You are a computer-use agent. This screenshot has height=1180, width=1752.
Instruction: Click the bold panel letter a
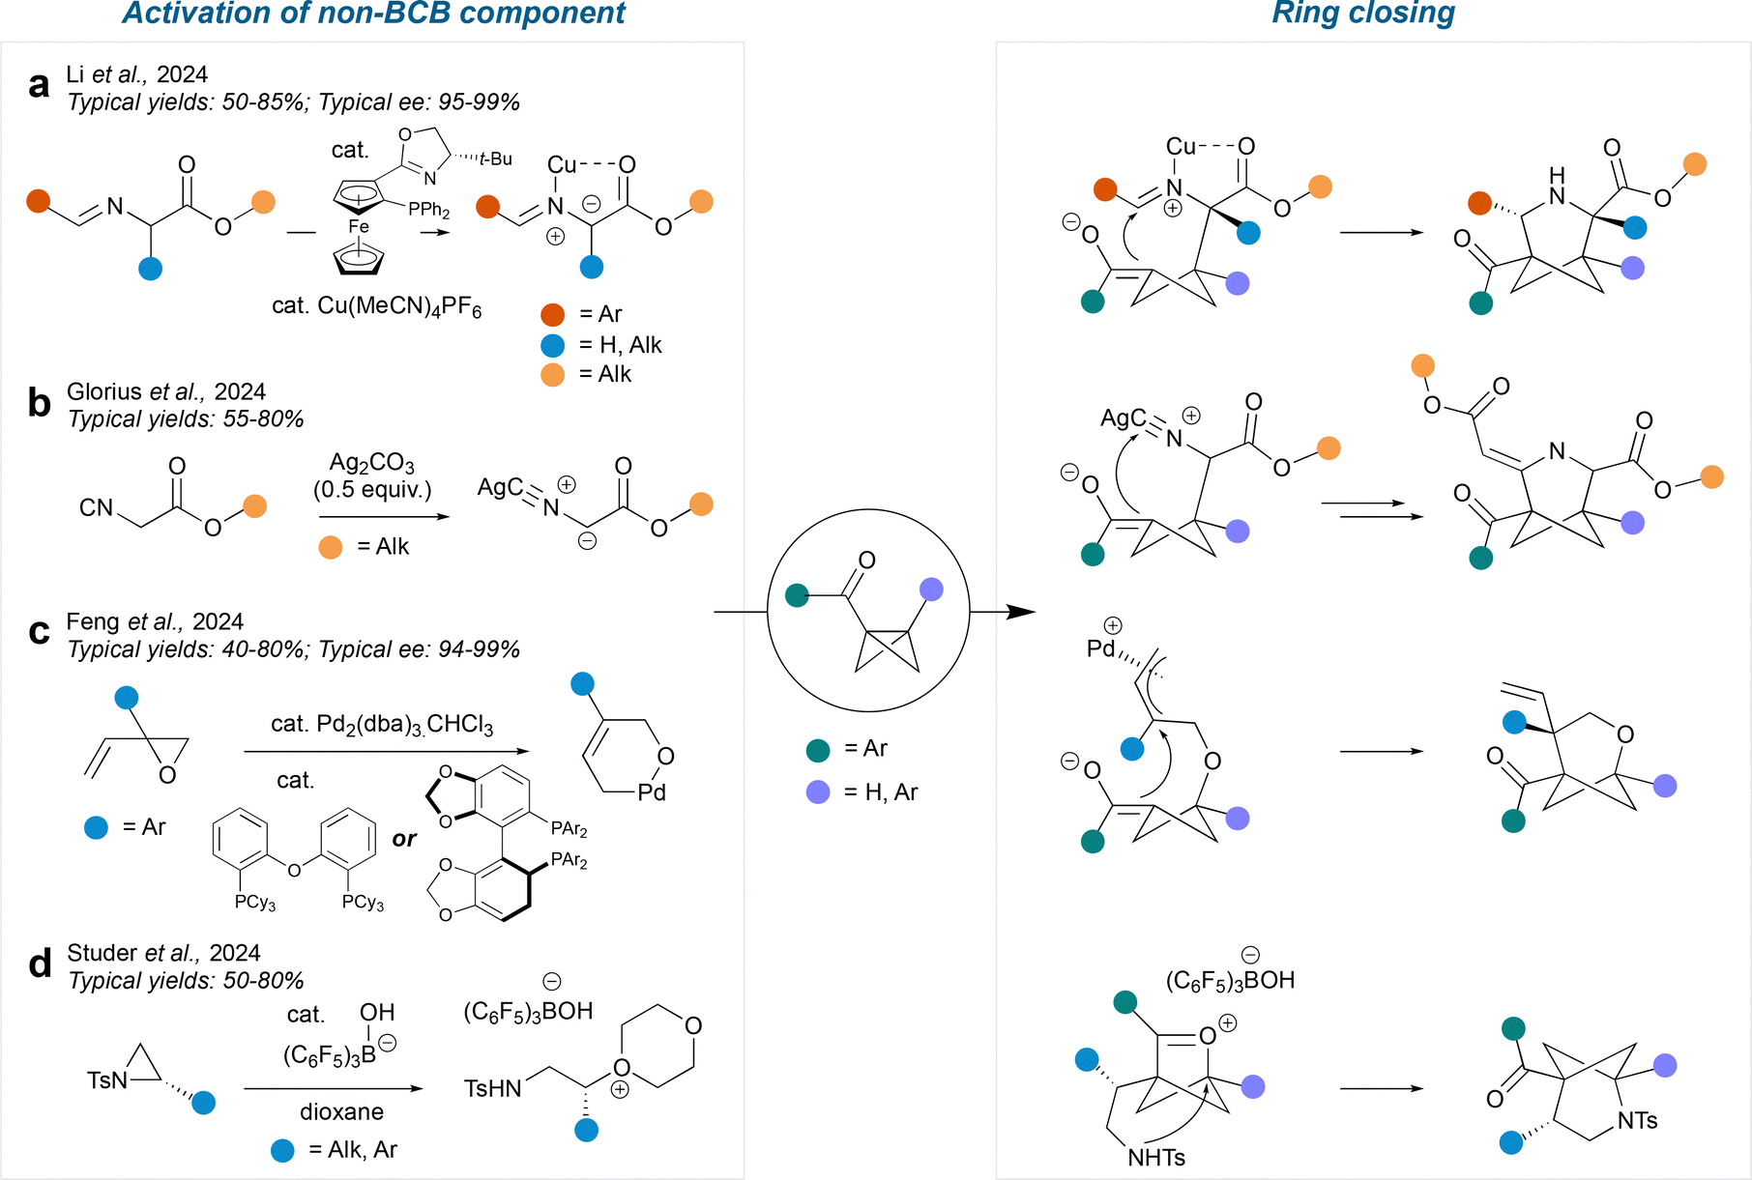(39, 86)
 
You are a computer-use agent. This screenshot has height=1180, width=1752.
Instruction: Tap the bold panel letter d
(40, 964)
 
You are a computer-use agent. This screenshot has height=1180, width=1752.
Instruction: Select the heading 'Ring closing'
(1362, 14)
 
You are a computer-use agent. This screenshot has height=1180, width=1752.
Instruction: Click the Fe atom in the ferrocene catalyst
(359, 226)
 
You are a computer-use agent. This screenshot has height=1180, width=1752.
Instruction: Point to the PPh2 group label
(429, 210)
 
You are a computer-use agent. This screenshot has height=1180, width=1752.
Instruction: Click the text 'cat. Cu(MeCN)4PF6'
(376, 307)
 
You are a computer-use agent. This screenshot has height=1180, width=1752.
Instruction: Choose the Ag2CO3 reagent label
(372, 464)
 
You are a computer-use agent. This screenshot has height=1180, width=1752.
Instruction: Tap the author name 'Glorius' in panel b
(104, 391)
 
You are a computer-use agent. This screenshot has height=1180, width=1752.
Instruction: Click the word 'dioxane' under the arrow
(341, 1111)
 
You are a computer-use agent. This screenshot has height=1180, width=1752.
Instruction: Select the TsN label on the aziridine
(106, 1080)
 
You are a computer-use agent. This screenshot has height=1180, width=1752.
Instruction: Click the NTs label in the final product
(1637, 1121)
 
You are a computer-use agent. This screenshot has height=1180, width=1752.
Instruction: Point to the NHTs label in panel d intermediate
(1156, 1158)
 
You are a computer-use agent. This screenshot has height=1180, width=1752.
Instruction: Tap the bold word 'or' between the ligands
(404, 839)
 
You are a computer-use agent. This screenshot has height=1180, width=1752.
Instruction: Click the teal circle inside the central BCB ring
(797, 595)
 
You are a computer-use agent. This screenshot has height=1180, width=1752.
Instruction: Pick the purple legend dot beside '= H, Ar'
(818, 792)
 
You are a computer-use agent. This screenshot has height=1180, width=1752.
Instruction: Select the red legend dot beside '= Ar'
(553, 314)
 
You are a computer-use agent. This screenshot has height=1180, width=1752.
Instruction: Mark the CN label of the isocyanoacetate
(96, 507)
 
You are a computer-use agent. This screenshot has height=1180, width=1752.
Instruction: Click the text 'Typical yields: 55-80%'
(186, 419)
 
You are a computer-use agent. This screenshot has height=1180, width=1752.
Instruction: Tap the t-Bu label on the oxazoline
(496, 159)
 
